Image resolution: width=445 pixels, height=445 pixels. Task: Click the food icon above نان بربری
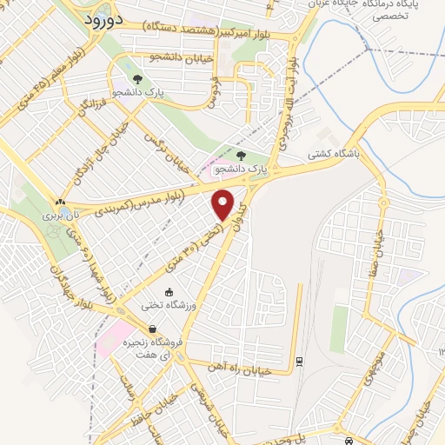[x=60, y=200]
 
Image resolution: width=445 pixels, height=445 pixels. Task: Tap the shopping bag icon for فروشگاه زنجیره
[x=153, y=329]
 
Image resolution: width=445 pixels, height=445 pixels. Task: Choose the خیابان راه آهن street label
[x=249, y=365]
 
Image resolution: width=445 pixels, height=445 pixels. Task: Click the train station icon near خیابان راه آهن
[x=299, y=359]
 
